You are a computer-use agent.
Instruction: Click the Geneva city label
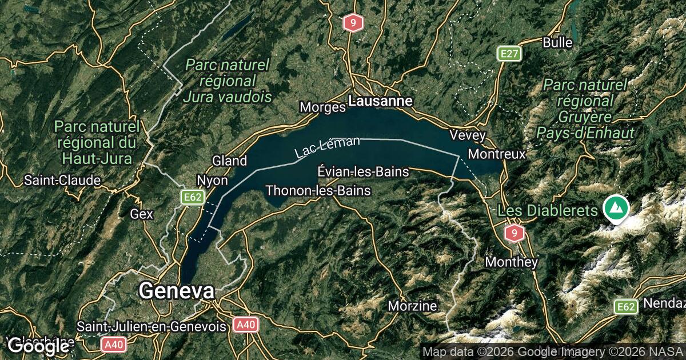point(177,291)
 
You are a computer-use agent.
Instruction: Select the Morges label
point(322,107)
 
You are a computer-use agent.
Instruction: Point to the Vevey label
point(468,135)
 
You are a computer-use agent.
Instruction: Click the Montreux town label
point(496,154)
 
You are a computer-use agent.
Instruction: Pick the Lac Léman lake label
point(328,147)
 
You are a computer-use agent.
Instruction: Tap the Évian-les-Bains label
point(363,171)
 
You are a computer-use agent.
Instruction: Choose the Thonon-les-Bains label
point(318,190)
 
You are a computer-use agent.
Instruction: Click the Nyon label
point(212,180)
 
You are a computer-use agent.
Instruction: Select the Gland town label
point(229,161)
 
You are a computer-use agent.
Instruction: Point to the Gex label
point(142,214)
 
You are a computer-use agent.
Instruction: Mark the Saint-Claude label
point(62,181)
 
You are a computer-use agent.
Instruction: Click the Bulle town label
point(557,42)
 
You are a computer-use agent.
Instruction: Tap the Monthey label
point(512,262)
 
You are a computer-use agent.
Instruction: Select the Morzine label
point(412,306)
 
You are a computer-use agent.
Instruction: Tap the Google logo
point(38,346)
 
